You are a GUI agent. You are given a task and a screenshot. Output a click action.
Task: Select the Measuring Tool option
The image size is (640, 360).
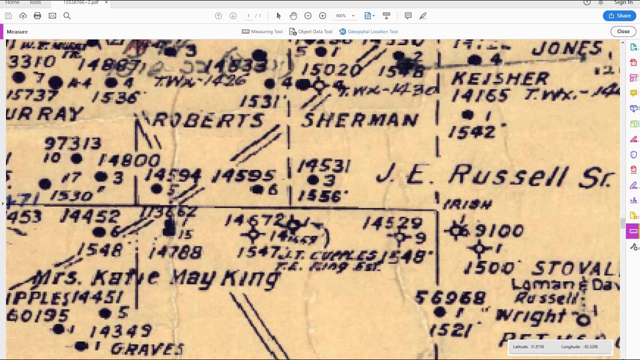(x=262, y=31)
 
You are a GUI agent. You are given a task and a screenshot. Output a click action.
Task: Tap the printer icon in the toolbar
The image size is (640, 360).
(x=37, y=16)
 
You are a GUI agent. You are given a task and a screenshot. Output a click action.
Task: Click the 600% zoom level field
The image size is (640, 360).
(x=341, y=16)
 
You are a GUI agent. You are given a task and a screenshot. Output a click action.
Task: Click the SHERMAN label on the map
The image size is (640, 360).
(x=360, y=120)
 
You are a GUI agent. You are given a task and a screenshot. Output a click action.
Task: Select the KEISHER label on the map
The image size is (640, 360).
(x=500, y=78)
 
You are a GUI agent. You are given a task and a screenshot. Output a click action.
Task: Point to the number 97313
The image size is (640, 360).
(x=73, y=144)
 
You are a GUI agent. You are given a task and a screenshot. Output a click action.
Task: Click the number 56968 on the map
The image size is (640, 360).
(x=450, y=298)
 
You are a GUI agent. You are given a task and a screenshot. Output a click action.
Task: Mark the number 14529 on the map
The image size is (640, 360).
(x=393, y=222)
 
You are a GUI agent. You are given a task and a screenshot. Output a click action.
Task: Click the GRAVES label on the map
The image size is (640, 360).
(x=147, y=348)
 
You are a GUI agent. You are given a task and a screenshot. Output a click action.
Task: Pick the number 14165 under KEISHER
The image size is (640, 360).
(x=480, y=95)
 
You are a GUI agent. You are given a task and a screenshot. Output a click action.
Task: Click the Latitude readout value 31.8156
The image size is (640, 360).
(x=535, y=346)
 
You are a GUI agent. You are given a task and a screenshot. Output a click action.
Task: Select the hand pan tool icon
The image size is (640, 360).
(x=293, y=16)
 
